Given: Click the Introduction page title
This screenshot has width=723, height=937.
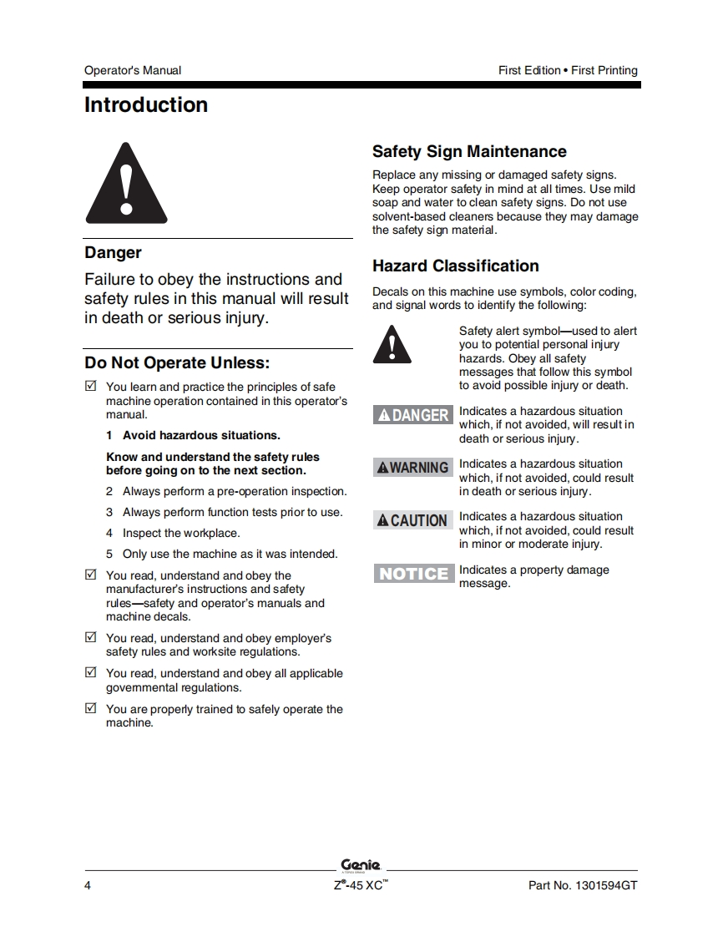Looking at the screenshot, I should click(146, 105).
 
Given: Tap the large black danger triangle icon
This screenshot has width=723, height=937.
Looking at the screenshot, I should click(126, 184).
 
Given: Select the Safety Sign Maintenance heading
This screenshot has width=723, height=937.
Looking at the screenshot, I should click(469, 152).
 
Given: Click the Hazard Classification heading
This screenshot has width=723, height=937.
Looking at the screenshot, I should click(456, 266).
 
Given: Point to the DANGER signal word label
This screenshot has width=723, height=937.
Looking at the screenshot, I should click(413, 415).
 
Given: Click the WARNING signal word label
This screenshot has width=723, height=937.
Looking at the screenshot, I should click(413, 468).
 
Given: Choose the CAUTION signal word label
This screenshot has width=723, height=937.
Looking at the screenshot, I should click(413, 520).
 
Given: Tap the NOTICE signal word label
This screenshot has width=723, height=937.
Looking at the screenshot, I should click(413, 574).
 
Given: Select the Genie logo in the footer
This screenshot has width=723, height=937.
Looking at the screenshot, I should click(360, 865).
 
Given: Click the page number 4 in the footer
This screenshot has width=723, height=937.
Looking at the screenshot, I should click(88, 886).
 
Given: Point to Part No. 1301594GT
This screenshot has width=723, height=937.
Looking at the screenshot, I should click(583, 886).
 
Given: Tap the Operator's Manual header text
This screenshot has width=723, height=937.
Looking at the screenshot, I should click(133, 70).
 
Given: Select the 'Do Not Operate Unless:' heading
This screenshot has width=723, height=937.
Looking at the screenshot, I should click(178, 363).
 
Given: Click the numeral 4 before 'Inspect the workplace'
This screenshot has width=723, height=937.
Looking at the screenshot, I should click(109, 533).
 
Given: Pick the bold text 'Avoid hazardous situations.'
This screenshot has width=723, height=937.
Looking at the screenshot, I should click(201, 435).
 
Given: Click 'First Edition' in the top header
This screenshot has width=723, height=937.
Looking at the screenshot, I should click(529, 70).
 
